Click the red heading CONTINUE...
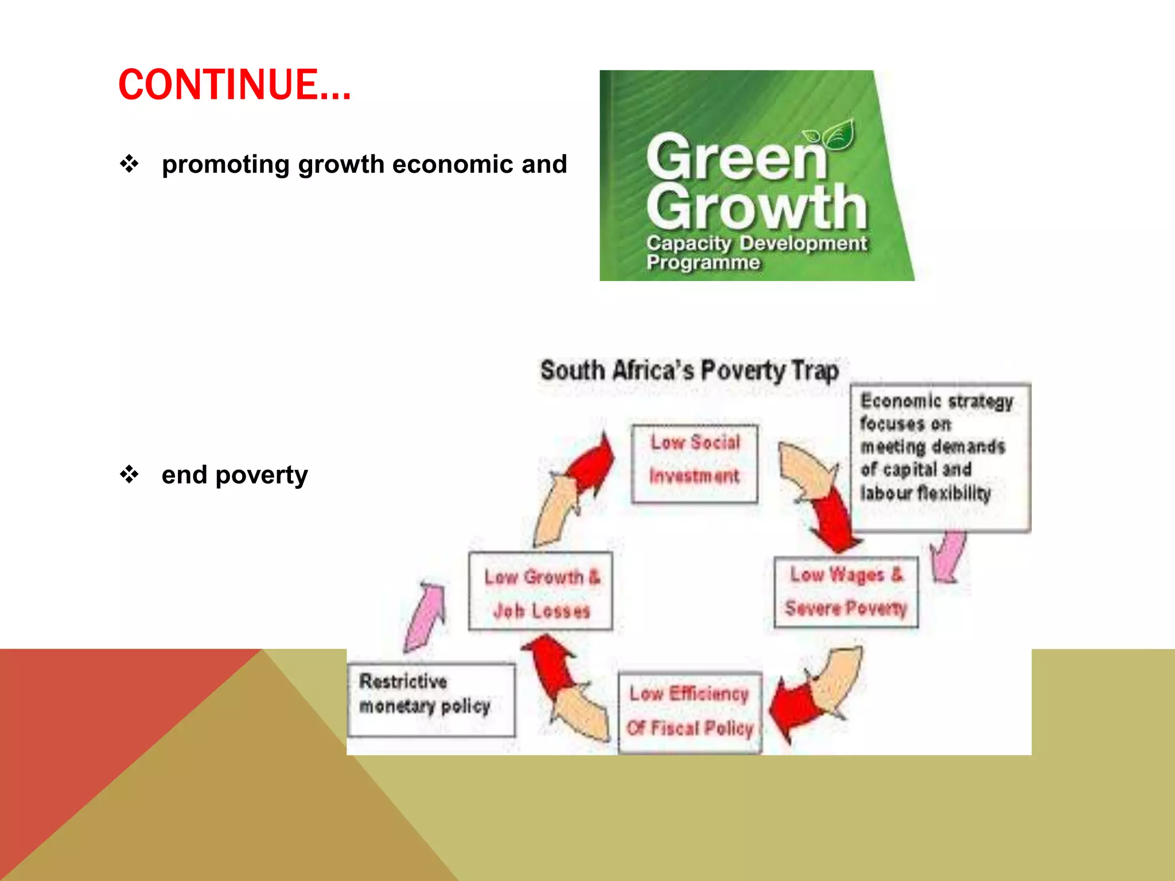[234, 85]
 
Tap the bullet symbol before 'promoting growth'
[129, 164]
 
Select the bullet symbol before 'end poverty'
[129, 474]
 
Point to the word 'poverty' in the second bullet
[262, 475]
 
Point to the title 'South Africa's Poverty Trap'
[689, 371]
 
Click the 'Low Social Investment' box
[694, 463]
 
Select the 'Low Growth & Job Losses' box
[540, 591]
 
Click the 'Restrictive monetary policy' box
[430, 699]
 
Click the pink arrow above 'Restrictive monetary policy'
[426, 617]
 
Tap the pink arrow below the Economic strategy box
[948, 556]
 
